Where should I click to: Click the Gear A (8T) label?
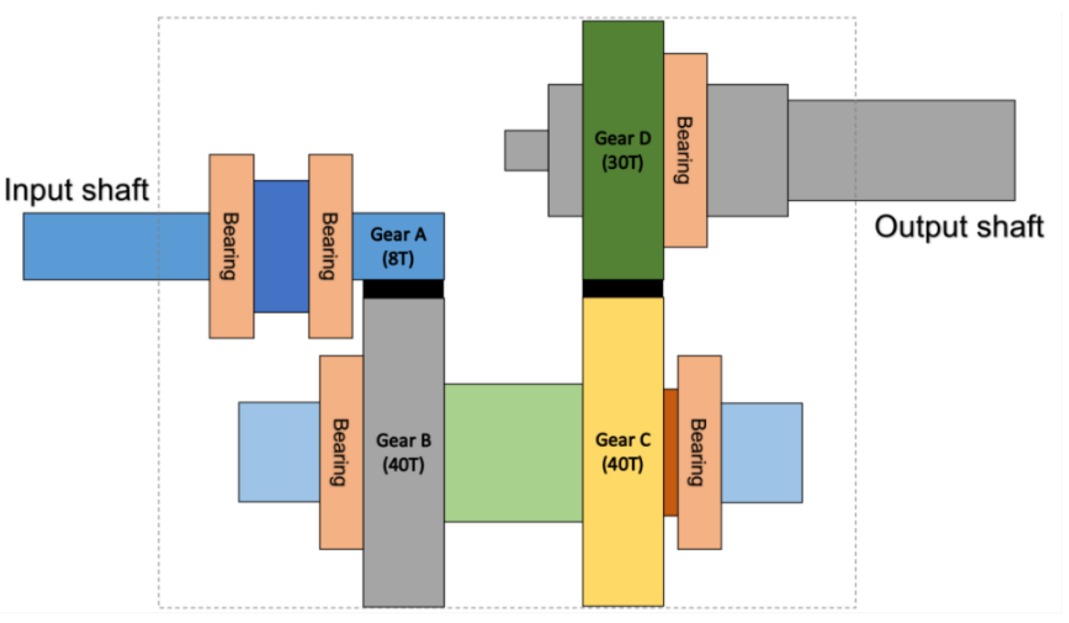[x=398, y=246]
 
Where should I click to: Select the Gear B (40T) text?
[x=403, y=452]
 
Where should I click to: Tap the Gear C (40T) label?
[x=622, y=452]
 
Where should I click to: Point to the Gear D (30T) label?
[x=622, y=150]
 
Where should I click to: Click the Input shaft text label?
[x=77, y=190]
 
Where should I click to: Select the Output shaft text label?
[x=959, y=227]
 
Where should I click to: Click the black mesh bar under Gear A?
[x=403, y=289]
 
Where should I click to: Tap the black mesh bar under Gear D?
[x=622, y=288]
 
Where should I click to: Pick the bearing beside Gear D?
[x=685, y=150]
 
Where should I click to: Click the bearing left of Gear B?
[x=341, y=452]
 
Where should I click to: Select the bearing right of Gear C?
[x=699, y=452]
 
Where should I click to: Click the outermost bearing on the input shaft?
[x=231, y=246]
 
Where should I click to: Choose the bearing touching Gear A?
[x=330, y=246]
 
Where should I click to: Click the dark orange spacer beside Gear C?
[x=670, y=452]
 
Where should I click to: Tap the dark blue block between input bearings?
[x=281, y=246]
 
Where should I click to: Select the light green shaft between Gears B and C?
[x=513, y=453]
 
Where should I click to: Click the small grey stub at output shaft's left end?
[x=526, y=150]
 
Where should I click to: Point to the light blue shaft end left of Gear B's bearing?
[x=279, y=452]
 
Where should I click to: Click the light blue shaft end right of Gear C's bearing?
[x=761, y=453]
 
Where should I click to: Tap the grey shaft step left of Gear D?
[x=565, y=150]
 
